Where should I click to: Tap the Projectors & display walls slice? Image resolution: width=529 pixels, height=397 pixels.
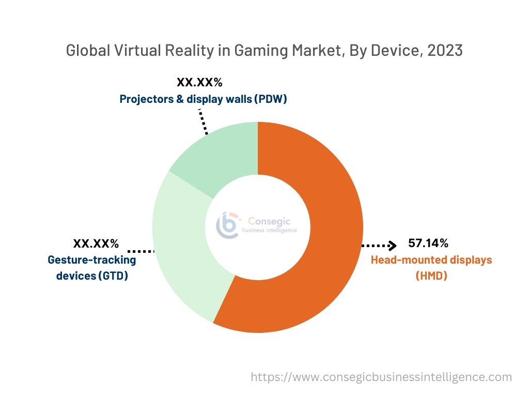(x=222, y=155)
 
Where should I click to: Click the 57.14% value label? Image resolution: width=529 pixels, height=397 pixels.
(x=428, y=243)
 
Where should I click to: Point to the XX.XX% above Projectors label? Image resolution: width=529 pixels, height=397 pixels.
(x=199, y=82)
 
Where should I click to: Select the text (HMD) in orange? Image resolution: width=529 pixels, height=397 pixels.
(x=431, y=276)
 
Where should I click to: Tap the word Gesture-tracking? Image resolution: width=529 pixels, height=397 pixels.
(x=91, y=259)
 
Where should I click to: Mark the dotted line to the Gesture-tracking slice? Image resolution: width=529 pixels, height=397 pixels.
(x=141, y=251)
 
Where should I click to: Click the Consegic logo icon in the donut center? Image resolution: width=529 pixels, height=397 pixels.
(x=228, y=225)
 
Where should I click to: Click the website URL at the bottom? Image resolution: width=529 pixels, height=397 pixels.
(x=381, y=377)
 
